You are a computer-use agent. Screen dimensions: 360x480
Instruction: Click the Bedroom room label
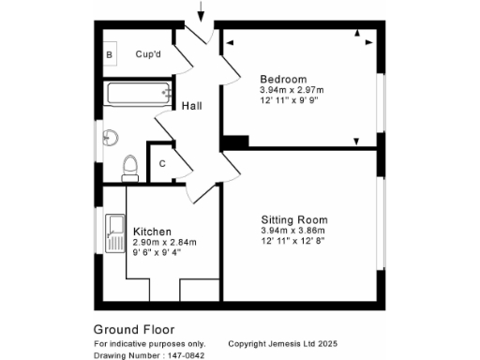[x=283, y=78]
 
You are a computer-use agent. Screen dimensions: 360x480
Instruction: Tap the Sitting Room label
[x=294, y=219]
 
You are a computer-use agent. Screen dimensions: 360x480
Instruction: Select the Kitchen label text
[x=151, y=232]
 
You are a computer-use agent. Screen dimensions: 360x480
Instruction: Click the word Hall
[x=193, y=106]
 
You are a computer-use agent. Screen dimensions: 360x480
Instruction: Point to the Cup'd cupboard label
[x=149, y=55]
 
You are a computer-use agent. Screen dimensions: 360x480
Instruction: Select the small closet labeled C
[x=162, y=164]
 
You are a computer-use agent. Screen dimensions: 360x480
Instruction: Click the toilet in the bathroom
[x=131, y=167]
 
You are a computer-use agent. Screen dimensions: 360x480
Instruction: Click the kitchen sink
[x=116, y=232]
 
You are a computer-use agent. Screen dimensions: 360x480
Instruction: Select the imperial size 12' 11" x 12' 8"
[x=293, y=241]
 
